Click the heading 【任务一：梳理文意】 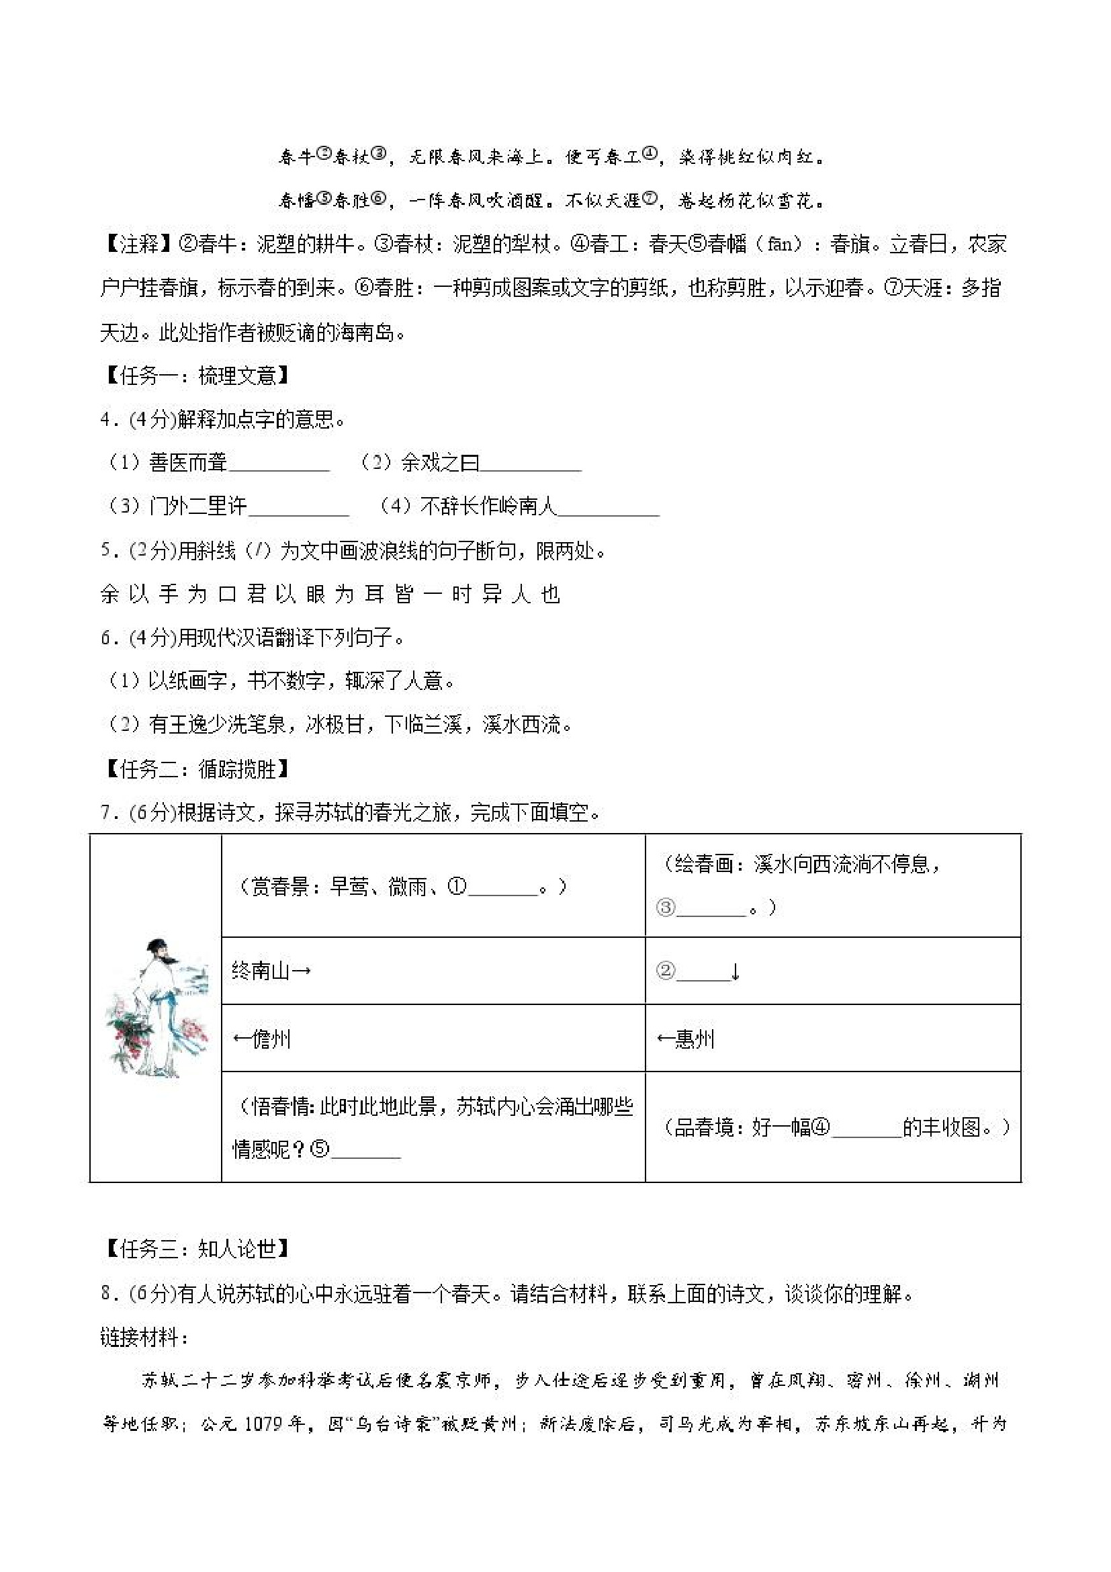195,376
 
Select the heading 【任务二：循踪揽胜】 195,769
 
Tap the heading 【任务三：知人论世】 195,1250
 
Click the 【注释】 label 138,245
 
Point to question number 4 106,419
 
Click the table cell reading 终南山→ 272,971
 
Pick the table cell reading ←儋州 262,1039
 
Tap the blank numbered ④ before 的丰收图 866,1129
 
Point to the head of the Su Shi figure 159,949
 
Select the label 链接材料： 144,1336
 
